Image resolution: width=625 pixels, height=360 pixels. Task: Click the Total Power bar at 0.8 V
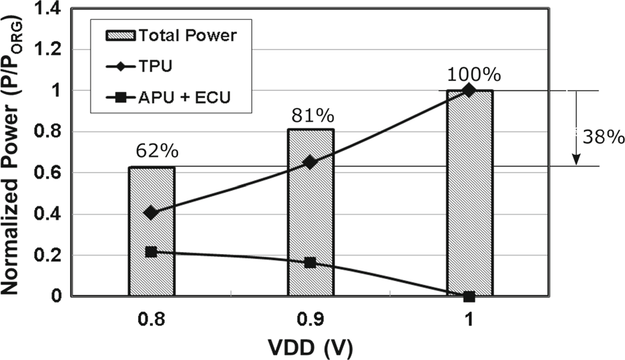(x=151, y=232)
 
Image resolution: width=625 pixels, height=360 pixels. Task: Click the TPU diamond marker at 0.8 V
(x=151, y=212)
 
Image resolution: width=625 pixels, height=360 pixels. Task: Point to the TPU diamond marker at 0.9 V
(x=310, y=161)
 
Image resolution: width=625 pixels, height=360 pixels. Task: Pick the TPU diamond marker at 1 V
(x=470, y=90)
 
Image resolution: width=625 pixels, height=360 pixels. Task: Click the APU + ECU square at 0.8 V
(x=151, y=252)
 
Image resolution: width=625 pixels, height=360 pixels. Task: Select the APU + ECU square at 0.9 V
(x=310, y=263)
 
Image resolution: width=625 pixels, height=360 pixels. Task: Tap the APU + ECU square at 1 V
(x=470, y=296)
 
